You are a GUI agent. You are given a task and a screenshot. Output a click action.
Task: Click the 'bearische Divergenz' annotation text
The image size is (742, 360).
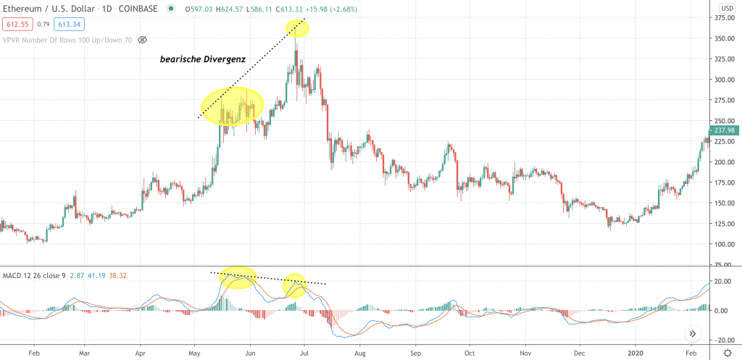[202, 60]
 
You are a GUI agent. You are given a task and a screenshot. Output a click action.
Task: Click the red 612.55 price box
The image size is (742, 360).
[14, 24]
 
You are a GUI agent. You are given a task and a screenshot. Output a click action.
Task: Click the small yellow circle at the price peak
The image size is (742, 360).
[297, 28]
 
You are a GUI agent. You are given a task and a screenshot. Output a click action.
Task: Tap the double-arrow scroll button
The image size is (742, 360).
[692, 333]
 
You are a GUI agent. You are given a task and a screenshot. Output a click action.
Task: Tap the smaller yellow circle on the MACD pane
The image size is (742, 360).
[294, 285]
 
